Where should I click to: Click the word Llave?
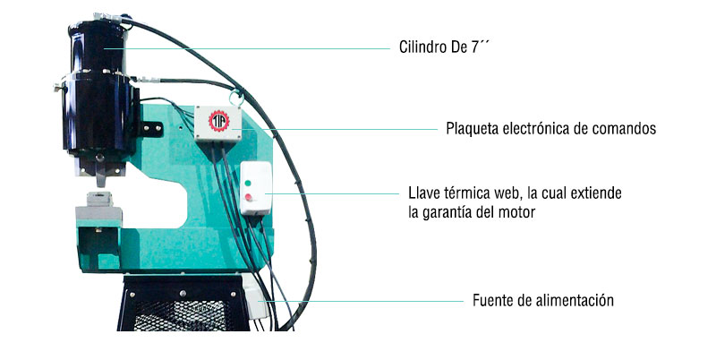425,194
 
